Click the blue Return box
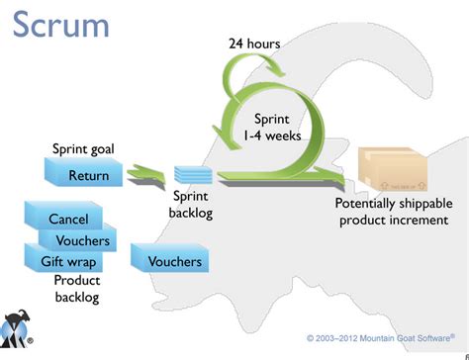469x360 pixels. click(89, 176)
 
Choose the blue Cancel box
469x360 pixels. click(68, 219)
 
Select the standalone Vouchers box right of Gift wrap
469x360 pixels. click(175, 261)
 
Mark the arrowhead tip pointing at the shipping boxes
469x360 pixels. click(346, 178)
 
